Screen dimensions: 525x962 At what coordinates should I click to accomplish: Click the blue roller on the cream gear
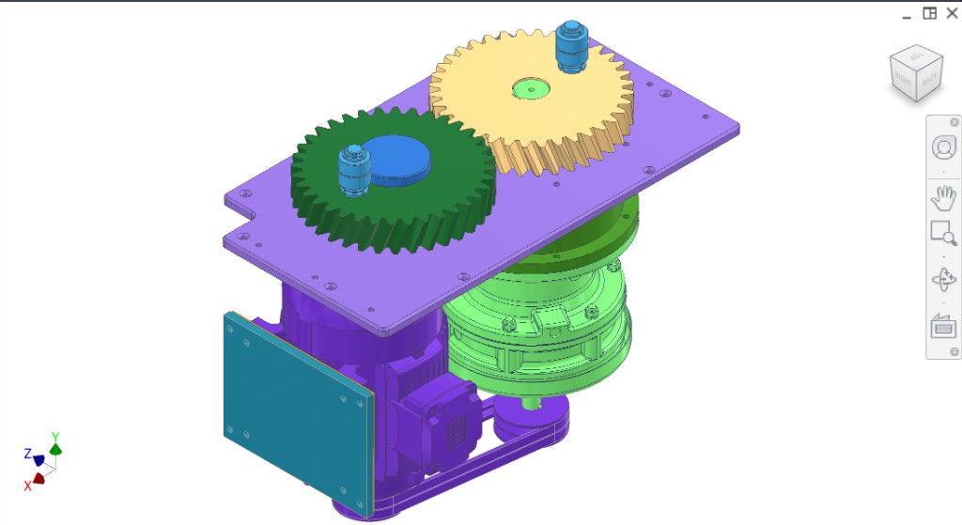570,46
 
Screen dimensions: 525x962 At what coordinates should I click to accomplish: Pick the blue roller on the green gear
352,171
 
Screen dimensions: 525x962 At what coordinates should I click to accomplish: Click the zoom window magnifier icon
942,233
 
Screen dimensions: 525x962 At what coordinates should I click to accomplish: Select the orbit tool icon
942,280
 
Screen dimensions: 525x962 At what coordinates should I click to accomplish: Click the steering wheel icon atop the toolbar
942,147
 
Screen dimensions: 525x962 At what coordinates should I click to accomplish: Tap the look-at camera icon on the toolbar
942,327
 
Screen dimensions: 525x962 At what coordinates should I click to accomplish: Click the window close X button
952,13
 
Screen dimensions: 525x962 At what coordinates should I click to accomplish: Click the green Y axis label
55,437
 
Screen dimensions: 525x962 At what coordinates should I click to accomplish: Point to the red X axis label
27,486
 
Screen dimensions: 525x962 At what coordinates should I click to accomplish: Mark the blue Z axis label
27,454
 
